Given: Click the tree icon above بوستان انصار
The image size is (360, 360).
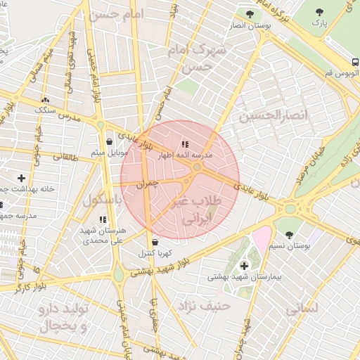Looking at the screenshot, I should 250,13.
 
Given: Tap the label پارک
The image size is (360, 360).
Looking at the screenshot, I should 320,23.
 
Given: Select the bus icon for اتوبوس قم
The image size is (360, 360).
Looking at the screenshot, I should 354,60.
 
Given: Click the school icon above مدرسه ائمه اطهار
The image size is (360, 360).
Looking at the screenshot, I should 185,143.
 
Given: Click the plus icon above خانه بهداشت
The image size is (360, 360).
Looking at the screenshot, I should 22,178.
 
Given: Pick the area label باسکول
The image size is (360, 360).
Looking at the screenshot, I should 103,200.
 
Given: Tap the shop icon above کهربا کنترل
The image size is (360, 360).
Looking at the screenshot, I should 154,243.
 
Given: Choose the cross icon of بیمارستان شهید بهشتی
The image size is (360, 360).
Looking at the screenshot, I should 244,265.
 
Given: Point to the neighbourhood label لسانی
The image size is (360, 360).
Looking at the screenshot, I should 303,308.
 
